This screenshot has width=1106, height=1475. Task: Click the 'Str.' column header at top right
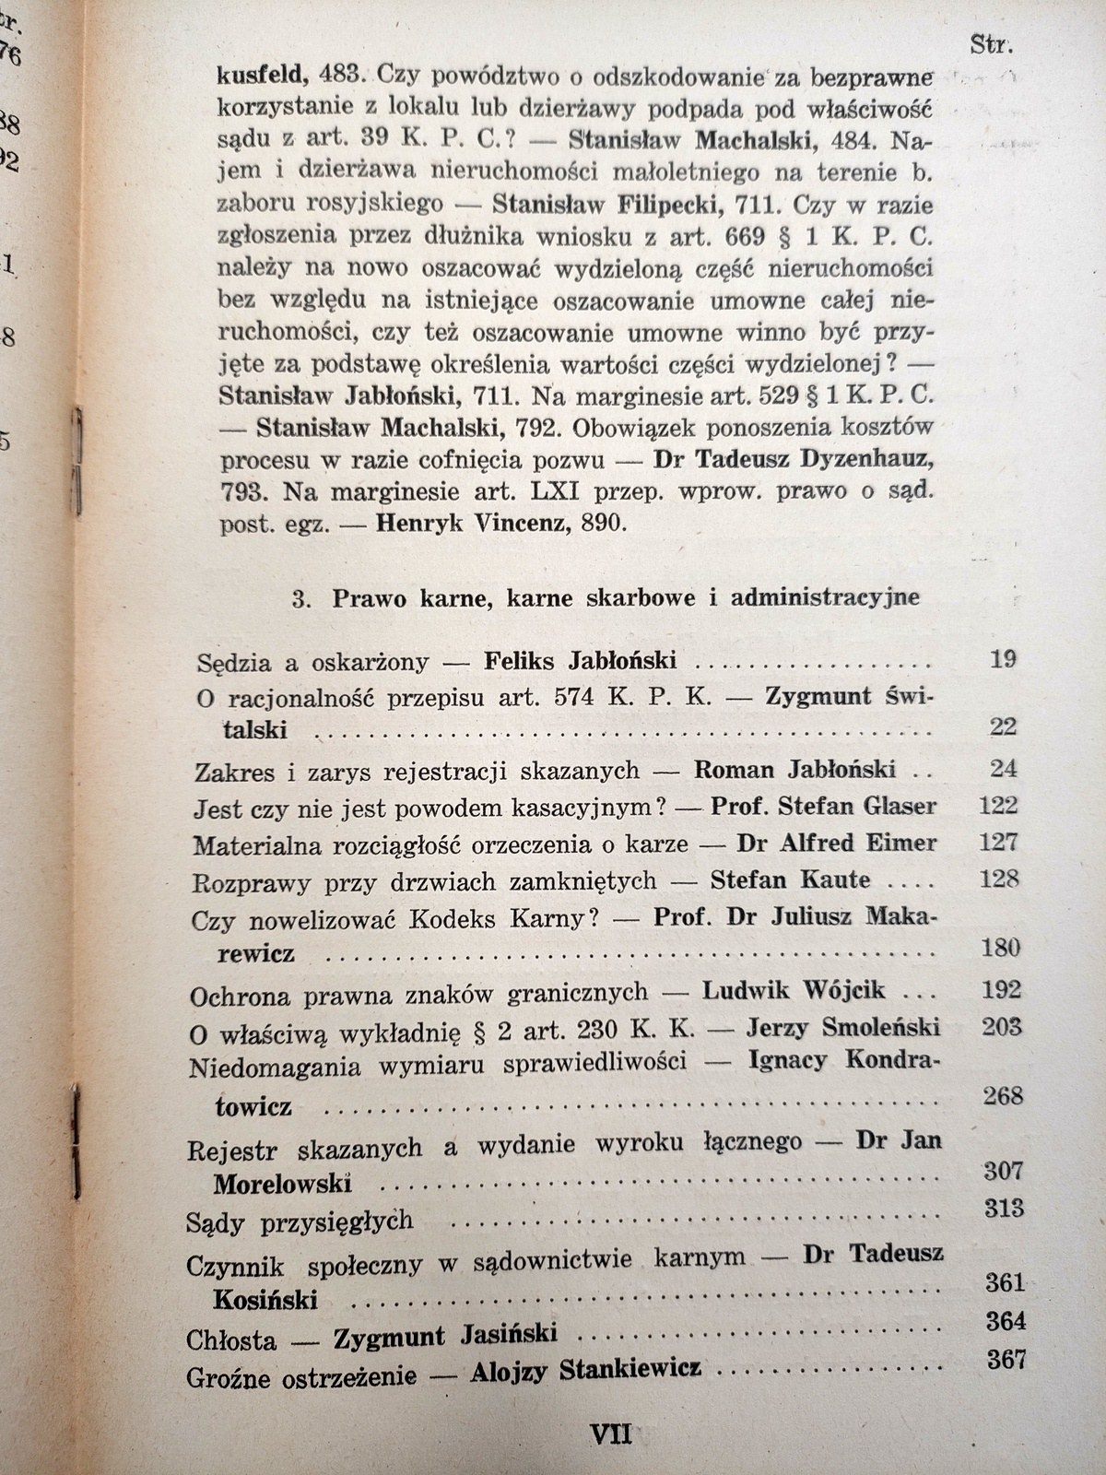pos(991,42)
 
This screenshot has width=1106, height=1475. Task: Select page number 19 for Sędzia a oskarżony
pos(1005,659)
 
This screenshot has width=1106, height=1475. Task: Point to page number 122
pos(996,805)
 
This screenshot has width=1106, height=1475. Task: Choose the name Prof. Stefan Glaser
pos(823,807)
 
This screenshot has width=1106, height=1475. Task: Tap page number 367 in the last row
pos(1006,1359)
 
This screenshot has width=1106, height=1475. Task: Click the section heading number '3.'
pos(299,599)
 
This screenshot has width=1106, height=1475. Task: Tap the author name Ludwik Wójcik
pos(794,992)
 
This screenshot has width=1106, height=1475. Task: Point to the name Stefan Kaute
pos(790,879)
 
